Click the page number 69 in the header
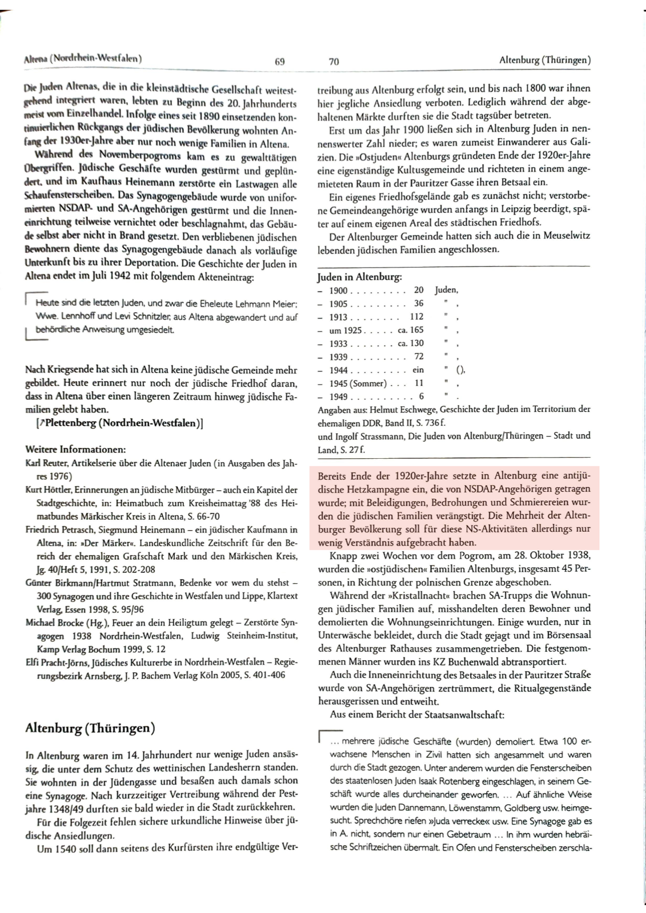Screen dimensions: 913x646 (279, 62)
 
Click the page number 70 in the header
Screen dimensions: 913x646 (334, 62)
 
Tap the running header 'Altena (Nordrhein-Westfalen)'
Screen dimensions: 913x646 (83, 58)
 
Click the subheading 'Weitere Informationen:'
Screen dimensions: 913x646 (76, 449)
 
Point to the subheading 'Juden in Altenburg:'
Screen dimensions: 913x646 (359, 277)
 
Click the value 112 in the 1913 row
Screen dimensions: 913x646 (416, 317)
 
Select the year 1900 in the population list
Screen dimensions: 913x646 (339, 290)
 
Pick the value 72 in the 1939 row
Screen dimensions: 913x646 (419, 357)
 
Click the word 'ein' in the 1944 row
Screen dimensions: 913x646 (418, 370)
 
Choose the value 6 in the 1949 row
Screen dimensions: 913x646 (421, 397)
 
